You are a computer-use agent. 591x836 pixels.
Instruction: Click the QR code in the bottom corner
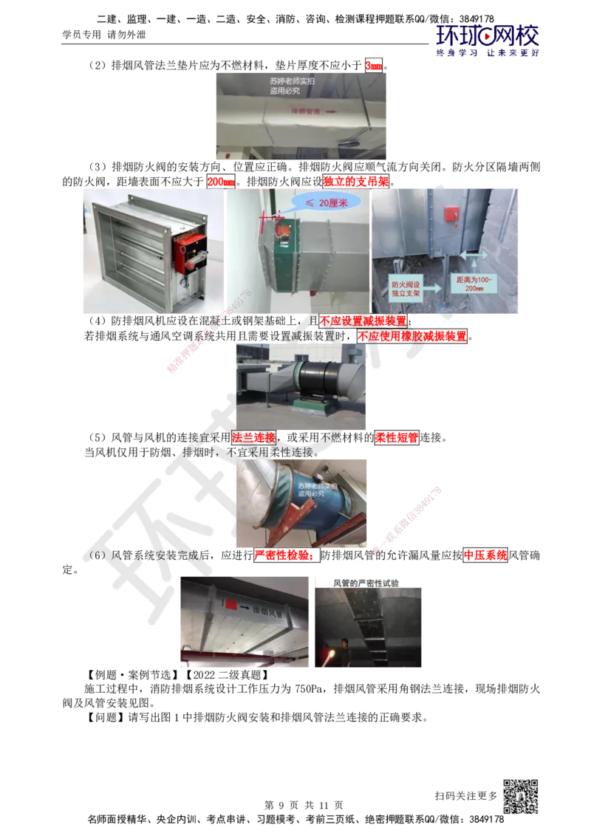(x=519, y=797)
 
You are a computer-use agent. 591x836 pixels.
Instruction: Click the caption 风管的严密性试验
(x=369, y=582)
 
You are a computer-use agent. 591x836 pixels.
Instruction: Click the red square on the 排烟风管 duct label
(x=231, y=606)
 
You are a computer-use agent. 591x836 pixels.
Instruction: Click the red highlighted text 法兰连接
(x=253, y=436)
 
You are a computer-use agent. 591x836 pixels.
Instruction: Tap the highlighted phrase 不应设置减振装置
(x=362, y=321)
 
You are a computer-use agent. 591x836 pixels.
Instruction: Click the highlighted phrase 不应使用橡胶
(x=392, y=336)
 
